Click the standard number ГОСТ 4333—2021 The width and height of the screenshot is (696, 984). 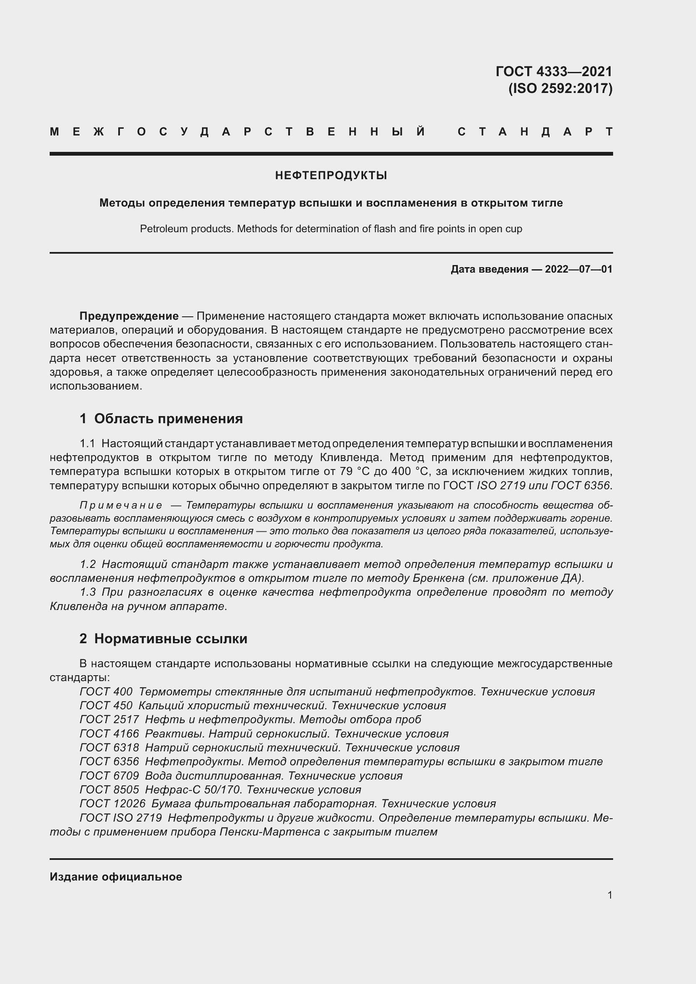[554, 71]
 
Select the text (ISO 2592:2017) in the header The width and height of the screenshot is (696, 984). [560, 88]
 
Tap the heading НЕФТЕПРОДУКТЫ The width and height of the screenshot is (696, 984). [331, 175]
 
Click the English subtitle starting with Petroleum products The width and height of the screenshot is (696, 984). [331, 229]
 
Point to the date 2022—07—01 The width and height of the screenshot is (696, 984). [579, 269]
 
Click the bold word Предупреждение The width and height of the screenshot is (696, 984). [129, 316]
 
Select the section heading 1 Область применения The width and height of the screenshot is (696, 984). [161, 419]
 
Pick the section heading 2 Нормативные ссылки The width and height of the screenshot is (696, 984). [163, 639]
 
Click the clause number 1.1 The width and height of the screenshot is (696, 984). [87, 443]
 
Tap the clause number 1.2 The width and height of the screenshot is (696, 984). [88, 565]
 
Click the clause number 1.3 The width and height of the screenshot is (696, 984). [88, 592]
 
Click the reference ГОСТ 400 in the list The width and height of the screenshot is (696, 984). [106, 692]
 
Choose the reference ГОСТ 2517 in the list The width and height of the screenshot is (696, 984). [109, 719]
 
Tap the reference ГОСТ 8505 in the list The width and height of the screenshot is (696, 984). [109, 789]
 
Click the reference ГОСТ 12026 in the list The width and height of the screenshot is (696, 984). [112, 804]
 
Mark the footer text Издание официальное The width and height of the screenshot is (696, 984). [116, 877]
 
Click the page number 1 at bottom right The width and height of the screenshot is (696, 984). [609, 895]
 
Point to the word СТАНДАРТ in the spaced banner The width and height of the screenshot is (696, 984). [535, 132]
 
